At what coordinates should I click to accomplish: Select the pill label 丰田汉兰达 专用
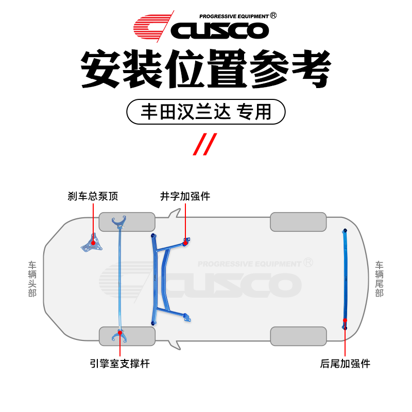[x=206, y=112]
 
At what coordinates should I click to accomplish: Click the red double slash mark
[x=205, y=144]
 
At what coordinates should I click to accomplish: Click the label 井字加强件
[x=185, y=196]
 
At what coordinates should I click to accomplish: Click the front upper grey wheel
[x=127, y=222]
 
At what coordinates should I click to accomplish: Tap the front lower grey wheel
[x=127, y=336]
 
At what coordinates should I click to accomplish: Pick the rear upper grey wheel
[x=298, y=222]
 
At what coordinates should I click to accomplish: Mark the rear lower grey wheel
[x=298, y=336]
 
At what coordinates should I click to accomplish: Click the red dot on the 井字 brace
[x=185, y=242]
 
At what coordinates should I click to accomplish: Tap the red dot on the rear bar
[x=345, y=320]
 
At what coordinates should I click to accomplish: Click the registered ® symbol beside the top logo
[x=273, y=15]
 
